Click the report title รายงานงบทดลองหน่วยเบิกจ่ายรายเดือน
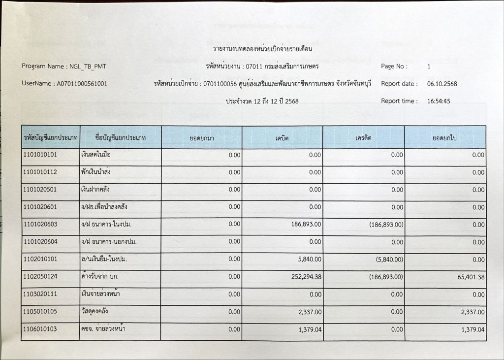click(x=263, y=49)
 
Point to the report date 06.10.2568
click(x=442, y=84)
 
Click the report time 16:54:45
click(x=439, y=101)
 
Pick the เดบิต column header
click(x=282, y=138)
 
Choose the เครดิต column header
click(x=363, y=138)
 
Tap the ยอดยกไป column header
click(x=444, y=138)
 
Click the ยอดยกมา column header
click(x=201, y=138)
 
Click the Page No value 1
click(x=429, y=66)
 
